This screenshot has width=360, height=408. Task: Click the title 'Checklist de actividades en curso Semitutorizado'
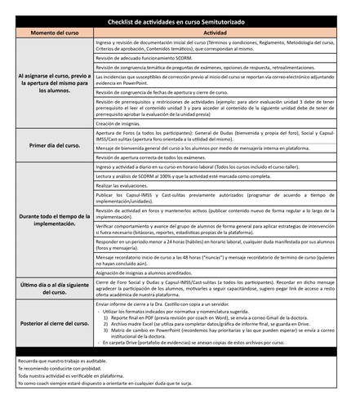click(180, 20)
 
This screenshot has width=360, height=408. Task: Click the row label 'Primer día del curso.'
click(55, 145)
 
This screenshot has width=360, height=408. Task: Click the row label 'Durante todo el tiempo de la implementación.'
click(55, 216)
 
